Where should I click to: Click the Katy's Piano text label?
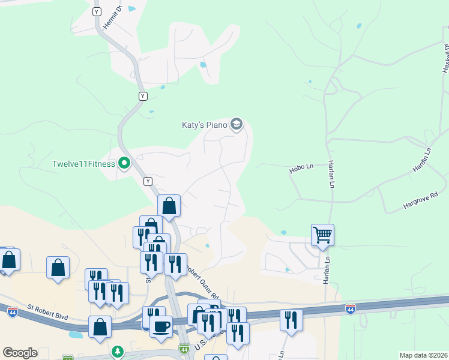[x=204, y=125]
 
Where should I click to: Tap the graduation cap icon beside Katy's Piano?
[x=237, y=124]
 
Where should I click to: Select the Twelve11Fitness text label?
[x=83, y=164]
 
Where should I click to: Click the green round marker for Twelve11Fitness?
[x=124, y=163]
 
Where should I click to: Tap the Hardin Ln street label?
[x=422, y=160]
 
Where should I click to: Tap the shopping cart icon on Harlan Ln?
[x=322, y=234]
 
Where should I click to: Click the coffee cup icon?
[x=160, y=326]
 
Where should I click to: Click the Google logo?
[x=20, y=353]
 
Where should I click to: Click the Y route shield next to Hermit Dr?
[x=97, y=11]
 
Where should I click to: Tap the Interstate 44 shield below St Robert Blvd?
[x=13, y=311]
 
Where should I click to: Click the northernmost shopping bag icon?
[x=169, y=205]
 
